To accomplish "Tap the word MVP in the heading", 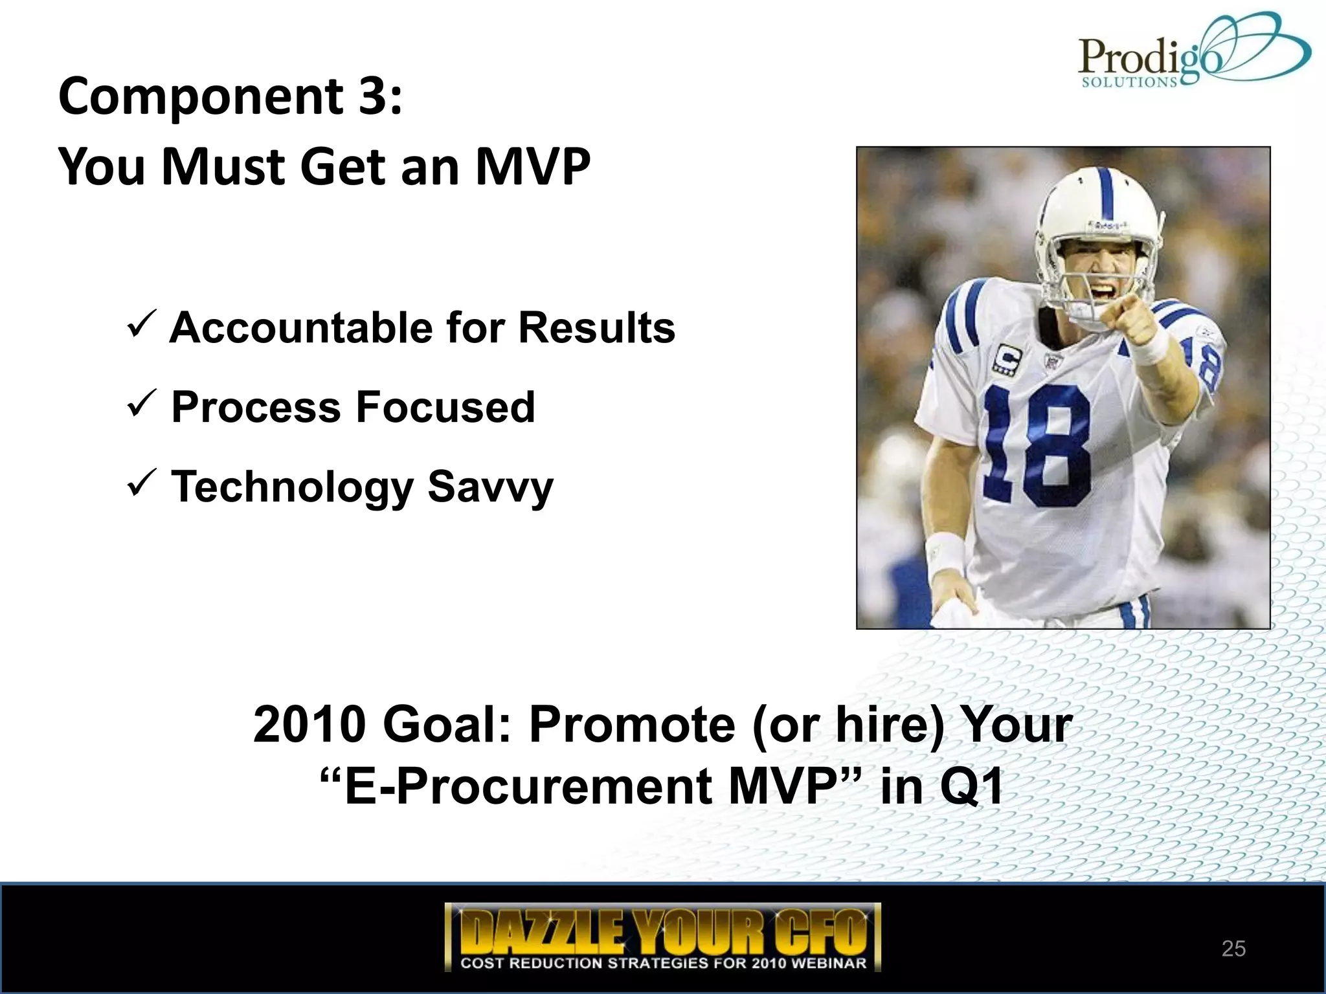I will click(532, 167).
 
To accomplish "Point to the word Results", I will click(596, 327).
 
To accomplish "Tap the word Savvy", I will click(490, 487).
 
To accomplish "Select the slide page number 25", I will click(1233, 949).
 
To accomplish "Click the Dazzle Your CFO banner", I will click(662, 936).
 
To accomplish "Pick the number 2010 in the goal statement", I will click(309, 724).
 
